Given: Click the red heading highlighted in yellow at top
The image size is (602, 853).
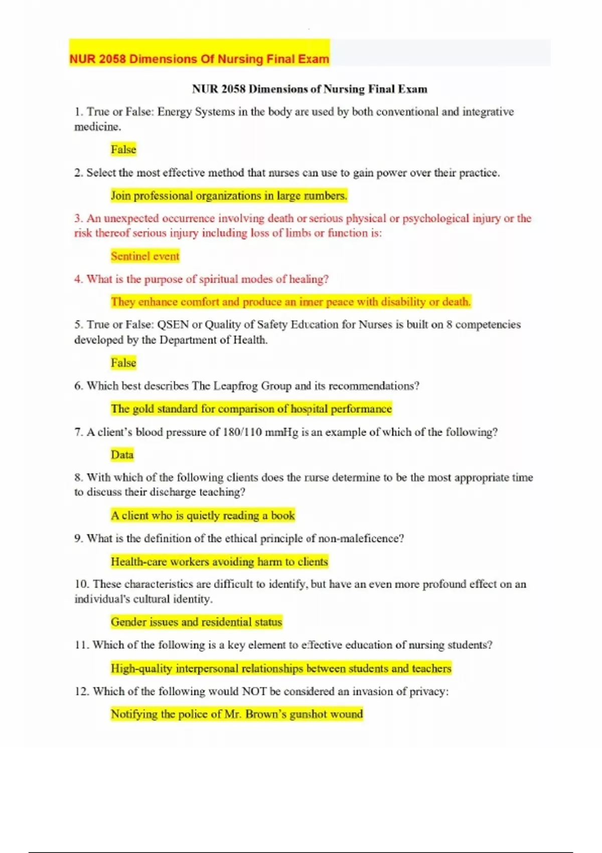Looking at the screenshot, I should (199, 59).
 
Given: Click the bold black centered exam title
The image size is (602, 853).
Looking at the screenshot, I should (310, 89).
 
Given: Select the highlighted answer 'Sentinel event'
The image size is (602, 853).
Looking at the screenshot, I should (145, 256).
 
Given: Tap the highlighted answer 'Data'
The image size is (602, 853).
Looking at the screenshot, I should (122, 455).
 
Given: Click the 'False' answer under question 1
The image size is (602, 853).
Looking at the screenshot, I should (123, 150).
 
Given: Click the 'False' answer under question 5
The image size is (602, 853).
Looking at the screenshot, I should (123, 363).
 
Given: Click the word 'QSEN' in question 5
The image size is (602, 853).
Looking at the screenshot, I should (173, 325).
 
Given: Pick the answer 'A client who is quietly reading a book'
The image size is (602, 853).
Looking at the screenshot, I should (203, 515).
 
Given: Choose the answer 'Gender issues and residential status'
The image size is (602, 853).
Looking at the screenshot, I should (196, 622).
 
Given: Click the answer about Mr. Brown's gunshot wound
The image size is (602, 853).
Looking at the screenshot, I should (236, 714).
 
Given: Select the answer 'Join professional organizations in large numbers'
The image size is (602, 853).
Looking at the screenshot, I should (229, 196).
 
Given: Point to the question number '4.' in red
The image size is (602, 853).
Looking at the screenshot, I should (79, 279).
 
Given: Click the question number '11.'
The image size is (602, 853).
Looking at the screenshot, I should (82, 645).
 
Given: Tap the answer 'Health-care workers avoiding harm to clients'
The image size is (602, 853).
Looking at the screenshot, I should (219, 561).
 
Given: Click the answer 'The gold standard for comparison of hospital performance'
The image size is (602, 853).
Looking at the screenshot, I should (251, 409).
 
